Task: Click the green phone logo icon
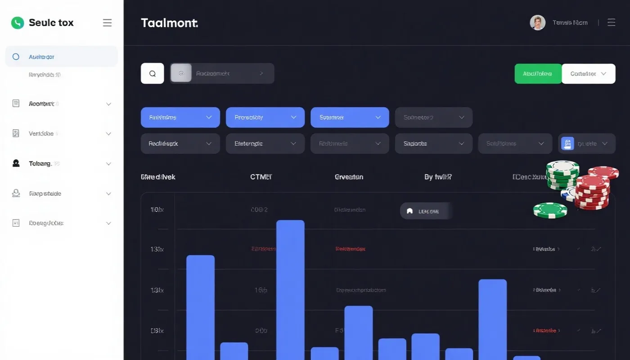pos(17,23)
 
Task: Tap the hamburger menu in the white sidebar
pos(107,23)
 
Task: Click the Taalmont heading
pos(169,23)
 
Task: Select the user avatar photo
pos(537,22)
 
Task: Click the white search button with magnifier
pos(152,73)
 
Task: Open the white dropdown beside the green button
pos(589,74)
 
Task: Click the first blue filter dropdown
pos(180,117)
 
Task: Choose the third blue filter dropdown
pos(350,117)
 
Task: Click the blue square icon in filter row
pos(567,144)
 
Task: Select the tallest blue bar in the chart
pos(290,288)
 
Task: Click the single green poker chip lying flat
pos(550,210)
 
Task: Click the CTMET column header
pos(261,177)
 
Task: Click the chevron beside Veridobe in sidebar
pos(108,134)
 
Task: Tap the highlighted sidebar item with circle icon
pos(61,57)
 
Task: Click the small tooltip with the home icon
pos(425,211)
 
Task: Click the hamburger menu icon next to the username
pos(611,22)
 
